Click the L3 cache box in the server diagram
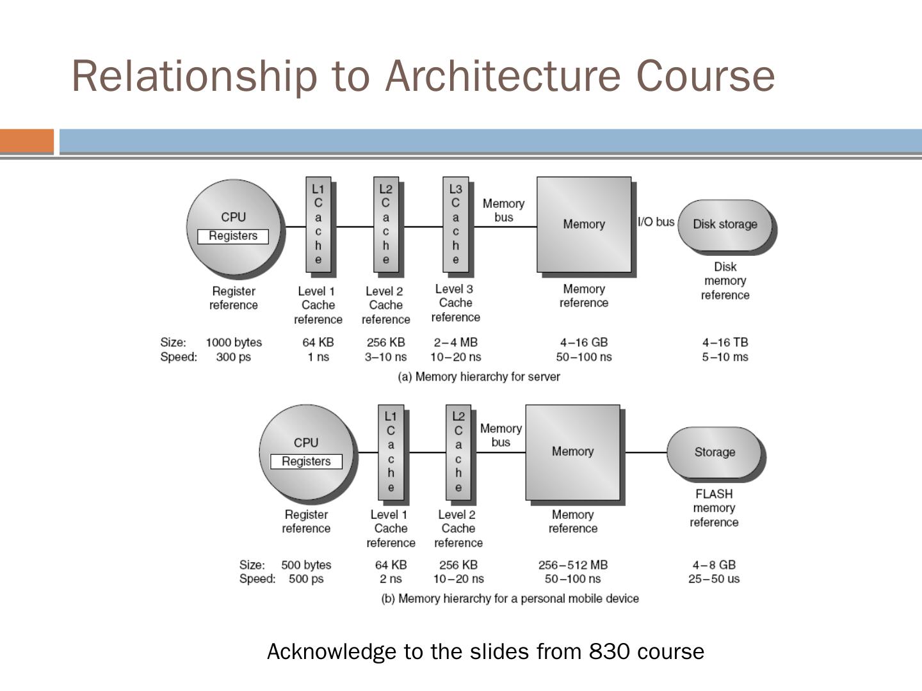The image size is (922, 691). pos(455,225)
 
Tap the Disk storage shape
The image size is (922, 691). pos(725,225)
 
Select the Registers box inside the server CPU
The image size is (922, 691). pos(233,236)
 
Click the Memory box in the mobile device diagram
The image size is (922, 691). pos(572,452)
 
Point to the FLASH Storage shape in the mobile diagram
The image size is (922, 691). pos(714,452)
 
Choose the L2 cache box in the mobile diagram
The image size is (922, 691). pos(458,452)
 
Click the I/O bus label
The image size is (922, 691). pos(656,222)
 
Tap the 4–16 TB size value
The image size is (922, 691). pos(725,343)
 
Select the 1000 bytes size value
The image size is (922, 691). pos(234,343)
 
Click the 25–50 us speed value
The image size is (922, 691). pos(714,579)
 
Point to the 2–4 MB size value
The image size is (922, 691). pos(455,343)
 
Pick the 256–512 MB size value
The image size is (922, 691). pos(572,565)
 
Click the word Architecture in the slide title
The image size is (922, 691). pos(503,75)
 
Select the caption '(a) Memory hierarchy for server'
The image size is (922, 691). pos(479,377)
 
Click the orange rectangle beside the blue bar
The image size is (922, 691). pos(27,141)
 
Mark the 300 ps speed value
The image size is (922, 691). pos(234,357)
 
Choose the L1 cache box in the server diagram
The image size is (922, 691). pos(318,225)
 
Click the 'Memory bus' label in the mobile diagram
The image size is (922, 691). pos(501,435)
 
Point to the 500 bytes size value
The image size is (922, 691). pos(306,565)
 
